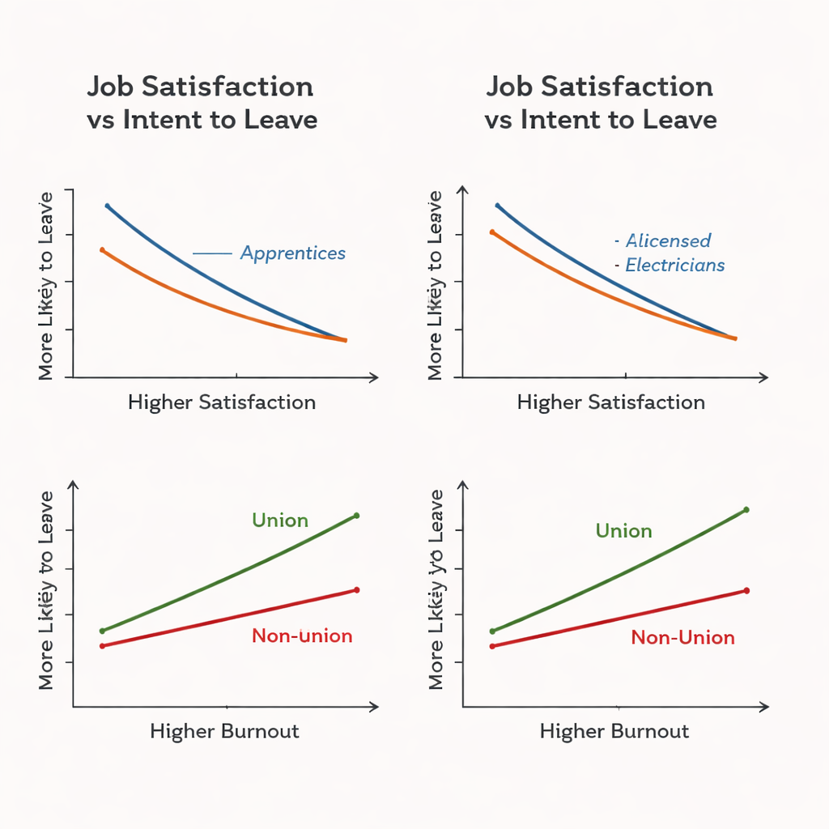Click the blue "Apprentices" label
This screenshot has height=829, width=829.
293,253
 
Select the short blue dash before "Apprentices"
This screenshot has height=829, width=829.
212,253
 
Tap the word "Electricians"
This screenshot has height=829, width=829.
675,265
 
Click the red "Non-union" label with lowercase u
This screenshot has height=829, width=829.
302,636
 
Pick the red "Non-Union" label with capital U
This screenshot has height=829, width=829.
682,637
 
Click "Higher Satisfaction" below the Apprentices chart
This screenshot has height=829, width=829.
222,402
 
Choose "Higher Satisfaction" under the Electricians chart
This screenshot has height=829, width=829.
611,402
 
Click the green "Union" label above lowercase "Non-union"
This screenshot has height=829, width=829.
280,520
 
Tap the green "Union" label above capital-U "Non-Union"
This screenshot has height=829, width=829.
623,531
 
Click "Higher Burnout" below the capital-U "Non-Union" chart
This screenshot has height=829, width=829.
614,732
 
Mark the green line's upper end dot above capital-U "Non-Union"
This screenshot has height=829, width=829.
746,510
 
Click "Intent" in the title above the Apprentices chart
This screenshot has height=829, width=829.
157,121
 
